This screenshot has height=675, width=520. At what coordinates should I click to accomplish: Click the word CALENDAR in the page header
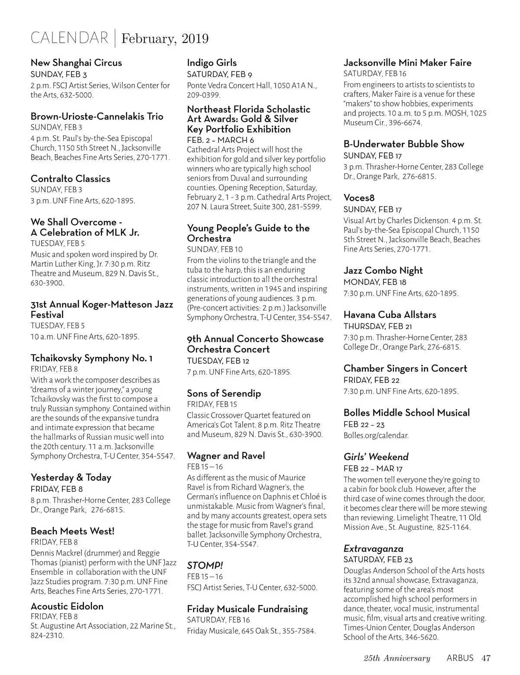(69, 38)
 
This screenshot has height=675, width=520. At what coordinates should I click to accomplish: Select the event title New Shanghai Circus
(76, 63)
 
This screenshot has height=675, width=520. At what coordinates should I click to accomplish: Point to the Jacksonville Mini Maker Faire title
(407, 63)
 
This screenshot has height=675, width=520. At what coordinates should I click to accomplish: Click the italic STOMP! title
(205, 565)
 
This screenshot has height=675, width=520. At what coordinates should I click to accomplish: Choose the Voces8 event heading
(359, 198)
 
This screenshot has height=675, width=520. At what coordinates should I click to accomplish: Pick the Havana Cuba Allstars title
(390, 315)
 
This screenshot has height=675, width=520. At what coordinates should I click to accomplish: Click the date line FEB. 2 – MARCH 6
(221, 140)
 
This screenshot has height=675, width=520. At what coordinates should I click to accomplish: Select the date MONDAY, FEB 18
(375, 282)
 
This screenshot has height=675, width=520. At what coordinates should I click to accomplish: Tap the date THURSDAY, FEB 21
(377, 326)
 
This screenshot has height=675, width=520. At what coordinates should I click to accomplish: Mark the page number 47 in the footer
(486, 659)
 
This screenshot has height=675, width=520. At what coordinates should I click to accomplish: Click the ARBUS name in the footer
(460, 659)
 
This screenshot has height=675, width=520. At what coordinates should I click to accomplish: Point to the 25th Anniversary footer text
(397, 659)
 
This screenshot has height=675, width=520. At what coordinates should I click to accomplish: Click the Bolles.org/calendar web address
(376, 436)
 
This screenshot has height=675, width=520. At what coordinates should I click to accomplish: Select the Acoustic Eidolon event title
(67, 606)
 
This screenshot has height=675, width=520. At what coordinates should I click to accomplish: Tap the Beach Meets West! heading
(72, 531)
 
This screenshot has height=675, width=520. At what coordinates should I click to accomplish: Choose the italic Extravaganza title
(373, 549)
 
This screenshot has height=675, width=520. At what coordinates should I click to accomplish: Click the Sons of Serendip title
(224, 394)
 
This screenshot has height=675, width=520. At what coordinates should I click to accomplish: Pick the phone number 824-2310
(47, 636)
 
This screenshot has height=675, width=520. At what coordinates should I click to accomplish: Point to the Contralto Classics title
(70, 179)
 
